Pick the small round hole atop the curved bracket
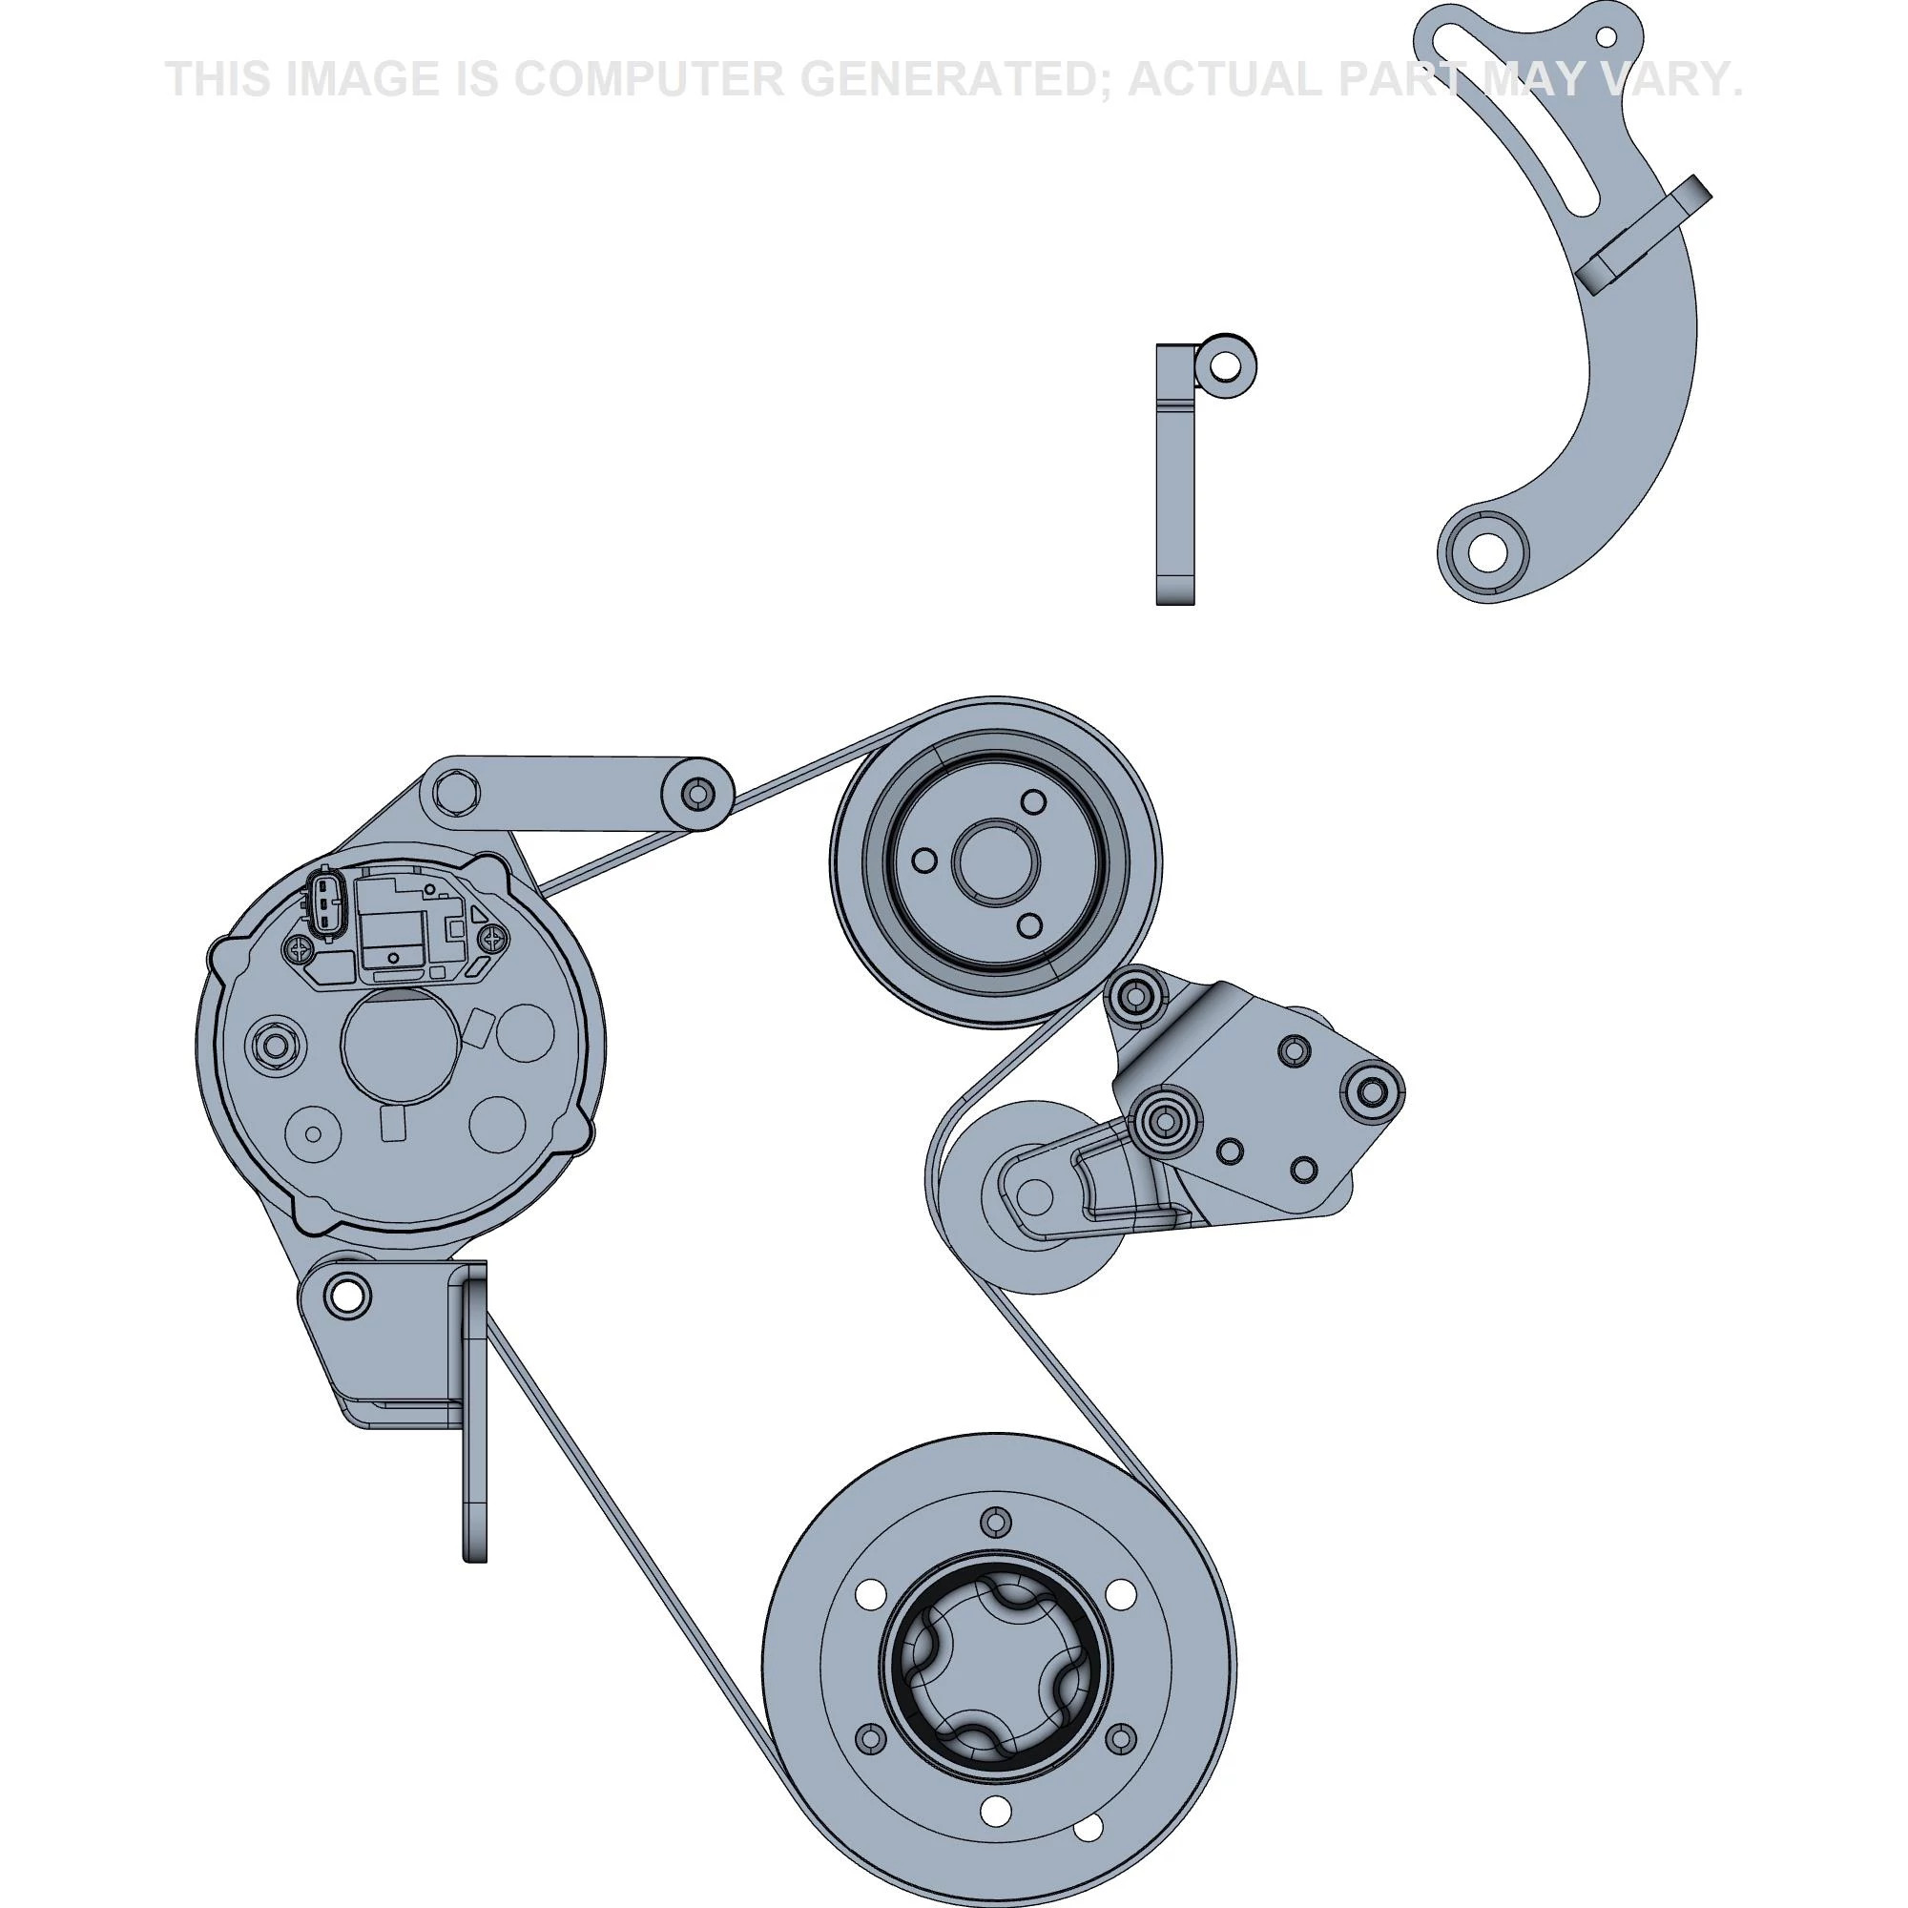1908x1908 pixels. coord(1607,37)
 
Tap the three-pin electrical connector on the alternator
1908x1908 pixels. coord(325,902)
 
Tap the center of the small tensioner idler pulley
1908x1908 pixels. coord(1033,1197)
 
